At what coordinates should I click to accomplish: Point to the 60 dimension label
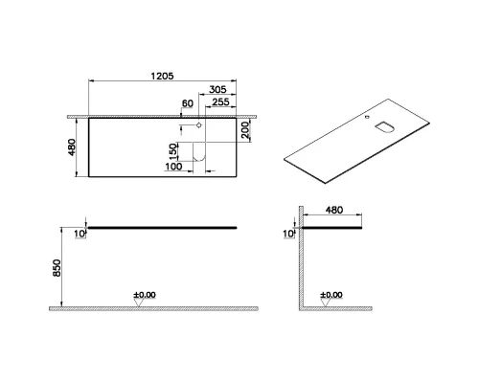pos(188,106)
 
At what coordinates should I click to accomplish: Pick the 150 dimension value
pos(173,152)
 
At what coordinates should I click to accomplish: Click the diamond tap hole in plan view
pos(197,126)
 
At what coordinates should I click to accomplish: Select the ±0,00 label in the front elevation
pos(144,294)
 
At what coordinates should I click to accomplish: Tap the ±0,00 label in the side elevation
pos(331,294)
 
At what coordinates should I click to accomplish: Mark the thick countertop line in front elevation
pos(163,228)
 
